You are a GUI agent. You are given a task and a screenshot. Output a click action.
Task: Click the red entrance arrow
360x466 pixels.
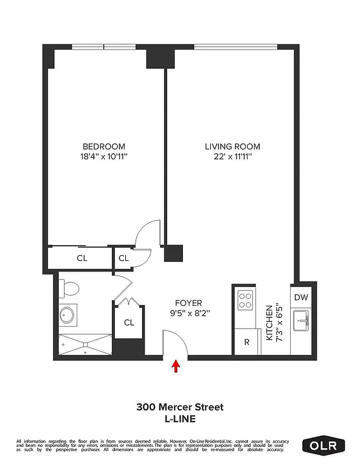click(x=177, y=366)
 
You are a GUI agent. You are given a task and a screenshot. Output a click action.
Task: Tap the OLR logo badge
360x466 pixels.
click(x=324, y=446)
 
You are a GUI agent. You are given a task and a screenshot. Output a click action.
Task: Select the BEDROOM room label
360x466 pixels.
click(x=104, y=146)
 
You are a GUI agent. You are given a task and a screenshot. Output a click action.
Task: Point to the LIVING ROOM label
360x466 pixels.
click(x=232, y=146)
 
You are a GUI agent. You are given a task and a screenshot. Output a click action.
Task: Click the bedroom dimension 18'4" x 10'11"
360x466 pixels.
click(x=104, y=157)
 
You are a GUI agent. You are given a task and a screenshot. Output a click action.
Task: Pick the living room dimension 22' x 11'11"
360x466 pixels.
click(x=232, y=157)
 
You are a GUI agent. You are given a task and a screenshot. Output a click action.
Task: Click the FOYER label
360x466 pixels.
click(x=189, y=303)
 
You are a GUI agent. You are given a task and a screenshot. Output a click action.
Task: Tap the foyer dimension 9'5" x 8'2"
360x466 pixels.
click(x=189, y=313)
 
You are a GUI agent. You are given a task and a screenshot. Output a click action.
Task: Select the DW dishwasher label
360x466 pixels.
click(x=301, y=297)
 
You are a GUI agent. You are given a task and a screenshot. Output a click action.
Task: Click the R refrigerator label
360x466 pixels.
click(x=246, y=342)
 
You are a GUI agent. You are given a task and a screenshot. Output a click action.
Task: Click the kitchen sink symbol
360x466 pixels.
click(x=302, y=319)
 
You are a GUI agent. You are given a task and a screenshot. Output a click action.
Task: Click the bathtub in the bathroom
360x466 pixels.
click(x=85, y=345)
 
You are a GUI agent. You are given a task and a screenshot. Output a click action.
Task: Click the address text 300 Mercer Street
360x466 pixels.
click(x=179, y=407)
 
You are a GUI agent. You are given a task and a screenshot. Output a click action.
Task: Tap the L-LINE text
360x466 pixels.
click(x=179, y=418)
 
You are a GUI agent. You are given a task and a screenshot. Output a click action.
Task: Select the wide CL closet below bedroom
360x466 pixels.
click(x=82, y=258)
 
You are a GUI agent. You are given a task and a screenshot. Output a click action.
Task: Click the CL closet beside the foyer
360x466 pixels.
click(x=129, y=322)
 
